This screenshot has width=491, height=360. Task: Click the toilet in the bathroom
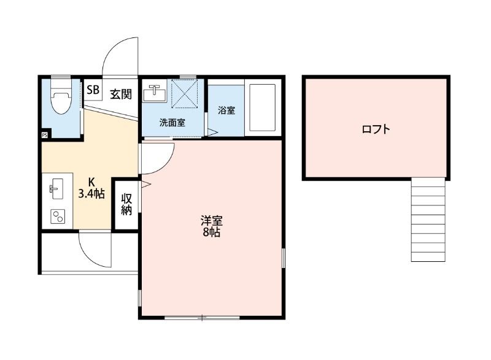point(60,101)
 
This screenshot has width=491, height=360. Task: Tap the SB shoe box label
point(93,90)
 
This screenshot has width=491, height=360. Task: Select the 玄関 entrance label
point(121,94)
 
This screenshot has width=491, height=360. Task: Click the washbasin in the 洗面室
point(154,94)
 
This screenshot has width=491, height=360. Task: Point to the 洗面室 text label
point(172,122)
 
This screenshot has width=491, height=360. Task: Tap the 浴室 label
point(226,110)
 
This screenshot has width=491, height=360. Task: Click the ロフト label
point(376,129)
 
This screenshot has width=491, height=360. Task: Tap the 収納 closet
point(127,204)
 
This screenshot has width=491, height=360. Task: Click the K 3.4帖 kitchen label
point(91,188)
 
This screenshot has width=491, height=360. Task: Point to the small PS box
point(45,135)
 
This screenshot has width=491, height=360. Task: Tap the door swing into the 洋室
point(158,157)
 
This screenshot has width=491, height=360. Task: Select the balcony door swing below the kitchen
point(93,248)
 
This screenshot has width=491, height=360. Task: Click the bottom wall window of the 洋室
point(202,317)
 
